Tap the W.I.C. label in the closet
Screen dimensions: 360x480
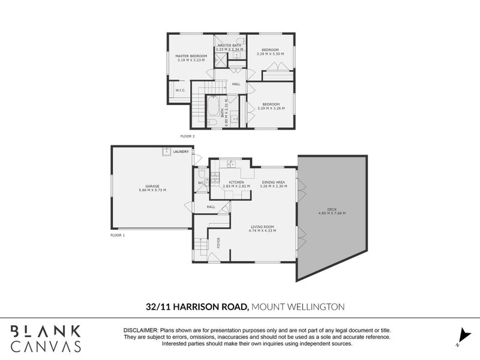point(180,91)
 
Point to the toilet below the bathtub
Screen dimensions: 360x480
point(213,123)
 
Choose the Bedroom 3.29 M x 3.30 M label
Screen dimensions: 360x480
point(270,52)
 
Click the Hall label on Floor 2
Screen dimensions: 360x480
point(236,84)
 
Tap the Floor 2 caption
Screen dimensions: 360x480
point(188,137)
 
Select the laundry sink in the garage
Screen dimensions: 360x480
point(166,152)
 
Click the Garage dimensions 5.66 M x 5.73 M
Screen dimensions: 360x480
point(151,190)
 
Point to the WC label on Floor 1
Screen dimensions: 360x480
point(201,182)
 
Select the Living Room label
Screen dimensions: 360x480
point(262,228)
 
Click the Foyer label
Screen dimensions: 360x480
point(218,243)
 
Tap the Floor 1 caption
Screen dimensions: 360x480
point(118,236)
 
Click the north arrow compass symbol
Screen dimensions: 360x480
point(462,334)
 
